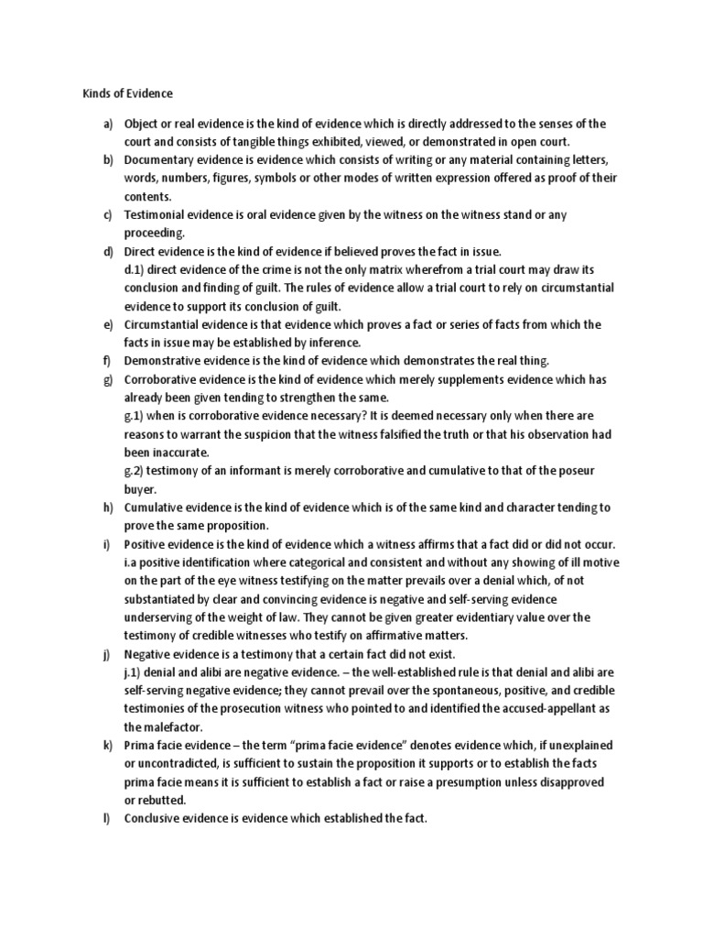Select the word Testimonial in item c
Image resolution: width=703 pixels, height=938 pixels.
(x=156, y=215)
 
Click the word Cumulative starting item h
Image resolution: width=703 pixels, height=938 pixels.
(x=158, y=507)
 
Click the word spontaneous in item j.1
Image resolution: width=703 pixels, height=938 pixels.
(x=449, y=690)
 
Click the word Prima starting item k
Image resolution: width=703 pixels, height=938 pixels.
(x=140, y=745)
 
